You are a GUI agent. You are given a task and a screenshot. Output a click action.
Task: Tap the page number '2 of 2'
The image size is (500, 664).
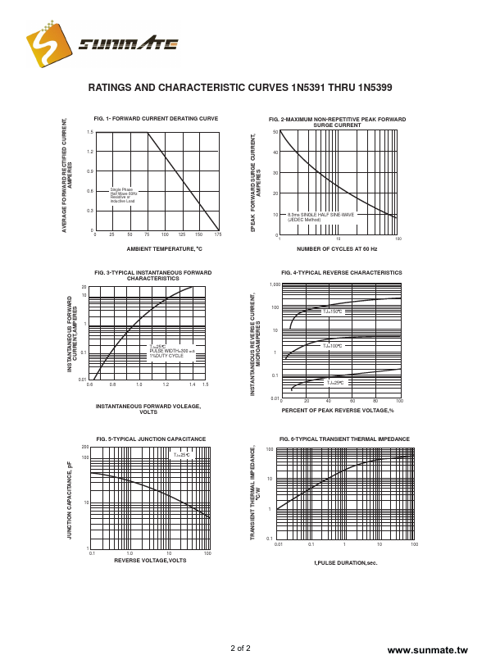[x=240, y=648]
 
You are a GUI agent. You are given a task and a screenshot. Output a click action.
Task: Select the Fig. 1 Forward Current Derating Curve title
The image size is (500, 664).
[x=156, y=118]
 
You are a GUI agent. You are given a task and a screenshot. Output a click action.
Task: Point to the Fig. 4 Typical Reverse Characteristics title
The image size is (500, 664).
[x=341, y=272]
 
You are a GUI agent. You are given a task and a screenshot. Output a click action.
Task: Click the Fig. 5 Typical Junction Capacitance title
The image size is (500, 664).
[x=151, y=439]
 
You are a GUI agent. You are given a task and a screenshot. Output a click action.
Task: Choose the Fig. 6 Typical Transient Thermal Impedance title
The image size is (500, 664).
[x=344, y=439]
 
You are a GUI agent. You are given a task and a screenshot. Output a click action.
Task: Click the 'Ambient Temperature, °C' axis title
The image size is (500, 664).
[x=164, y=248]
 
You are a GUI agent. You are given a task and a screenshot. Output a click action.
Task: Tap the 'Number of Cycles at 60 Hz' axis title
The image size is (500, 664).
[x=337, y=248]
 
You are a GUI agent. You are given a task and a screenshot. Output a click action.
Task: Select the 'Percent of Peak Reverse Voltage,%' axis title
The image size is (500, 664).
[x=343, y=410]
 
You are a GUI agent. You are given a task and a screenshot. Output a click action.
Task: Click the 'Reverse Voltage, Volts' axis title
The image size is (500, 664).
[x=150, y=560]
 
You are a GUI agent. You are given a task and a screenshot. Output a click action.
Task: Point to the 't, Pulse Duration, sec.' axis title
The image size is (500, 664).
[x=346, y=563]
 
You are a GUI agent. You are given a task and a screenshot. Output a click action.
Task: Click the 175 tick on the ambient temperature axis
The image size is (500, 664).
[x=218, y=234]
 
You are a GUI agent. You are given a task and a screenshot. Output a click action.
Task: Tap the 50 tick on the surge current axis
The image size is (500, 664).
[x=275, y=132]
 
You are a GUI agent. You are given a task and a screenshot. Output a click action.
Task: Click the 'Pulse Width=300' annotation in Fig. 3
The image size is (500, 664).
[x=172, y=350]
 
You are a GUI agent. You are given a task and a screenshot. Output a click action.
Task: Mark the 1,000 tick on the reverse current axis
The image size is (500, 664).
[x=275, y=284]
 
